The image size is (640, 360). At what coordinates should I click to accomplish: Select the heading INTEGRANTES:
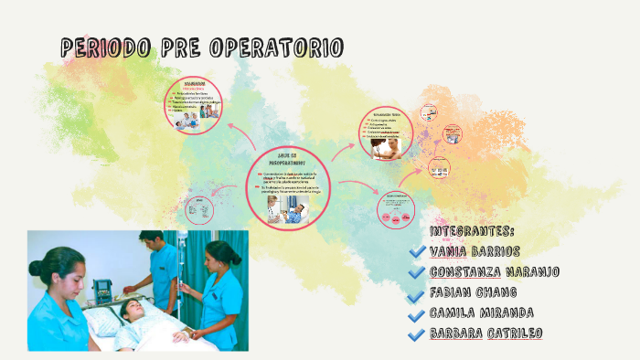(471, 230)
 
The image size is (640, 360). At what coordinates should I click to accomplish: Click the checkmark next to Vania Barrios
(418, 251)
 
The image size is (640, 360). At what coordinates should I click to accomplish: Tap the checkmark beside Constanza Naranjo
(418, 272)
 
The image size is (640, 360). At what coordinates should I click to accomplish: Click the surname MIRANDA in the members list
(528, 312)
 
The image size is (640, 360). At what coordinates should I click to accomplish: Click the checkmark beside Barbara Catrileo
(418, 334)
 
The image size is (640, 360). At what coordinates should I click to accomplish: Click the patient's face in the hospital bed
(133, 310)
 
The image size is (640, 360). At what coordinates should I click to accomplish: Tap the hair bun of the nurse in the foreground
(36, 270)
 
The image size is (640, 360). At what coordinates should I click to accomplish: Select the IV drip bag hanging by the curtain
(183, 244)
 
